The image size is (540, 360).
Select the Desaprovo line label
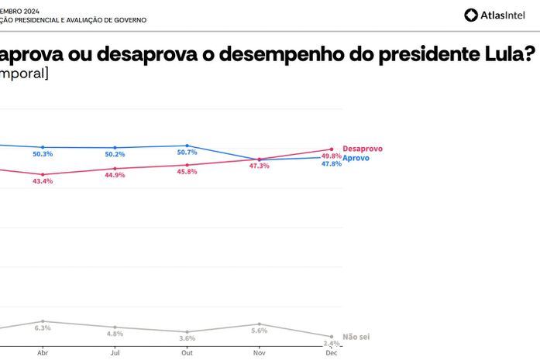(362, 149)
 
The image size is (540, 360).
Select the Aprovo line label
(356, 158)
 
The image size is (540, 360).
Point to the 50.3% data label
(43, 154)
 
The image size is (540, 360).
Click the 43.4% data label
(43, 181)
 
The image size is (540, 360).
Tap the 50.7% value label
(187, 153)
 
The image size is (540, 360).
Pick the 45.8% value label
(187, 171)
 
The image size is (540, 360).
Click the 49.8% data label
(332, 156)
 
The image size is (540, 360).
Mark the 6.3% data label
(43, 328)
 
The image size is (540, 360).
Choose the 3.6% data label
(187, 338)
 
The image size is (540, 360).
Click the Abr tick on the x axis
(43, 352)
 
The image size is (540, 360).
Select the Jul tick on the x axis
(115, 352)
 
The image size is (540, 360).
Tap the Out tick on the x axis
(187, 352)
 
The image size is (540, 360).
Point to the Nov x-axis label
(259, 352)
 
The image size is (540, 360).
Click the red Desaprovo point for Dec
(332, 149)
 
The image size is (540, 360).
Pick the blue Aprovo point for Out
(187, 145)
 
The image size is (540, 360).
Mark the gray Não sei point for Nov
(259, 324)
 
